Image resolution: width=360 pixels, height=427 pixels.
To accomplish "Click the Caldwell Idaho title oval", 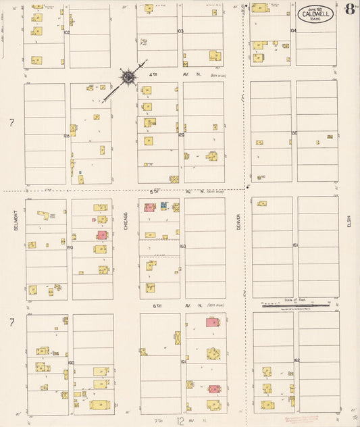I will click(315, 14).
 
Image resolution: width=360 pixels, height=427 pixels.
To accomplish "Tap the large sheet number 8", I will click(349, 9).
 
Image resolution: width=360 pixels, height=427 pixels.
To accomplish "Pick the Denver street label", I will click(238, 221).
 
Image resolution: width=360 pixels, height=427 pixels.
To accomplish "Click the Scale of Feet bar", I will click(296, 305).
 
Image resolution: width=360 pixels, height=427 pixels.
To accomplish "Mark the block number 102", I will click(67, 32).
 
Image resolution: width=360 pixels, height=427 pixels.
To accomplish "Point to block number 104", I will click(293, 30).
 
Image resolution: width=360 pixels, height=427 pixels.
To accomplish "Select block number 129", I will click(181, 134).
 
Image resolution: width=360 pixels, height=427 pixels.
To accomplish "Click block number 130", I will click(294, 132).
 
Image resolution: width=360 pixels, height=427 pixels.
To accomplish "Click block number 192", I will click(296, 361).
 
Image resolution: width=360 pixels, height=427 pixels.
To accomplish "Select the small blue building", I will click(163, 205).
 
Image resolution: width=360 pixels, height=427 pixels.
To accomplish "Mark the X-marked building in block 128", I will click(74, 128).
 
